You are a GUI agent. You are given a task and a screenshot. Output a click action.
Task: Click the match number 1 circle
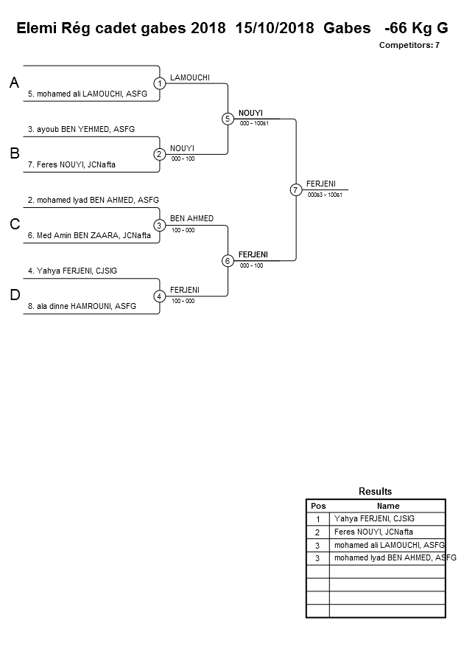coord(160,83)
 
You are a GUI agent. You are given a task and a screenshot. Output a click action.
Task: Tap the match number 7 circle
coord(295,190)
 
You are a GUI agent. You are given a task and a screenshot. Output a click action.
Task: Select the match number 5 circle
coord(228,119)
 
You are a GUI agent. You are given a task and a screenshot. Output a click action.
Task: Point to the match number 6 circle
coord(228,260)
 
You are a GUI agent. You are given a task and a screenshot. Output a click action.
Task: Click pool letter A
coord(14,83)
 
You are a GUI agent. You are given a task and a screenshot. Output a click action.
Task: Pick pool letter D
coord(14,296)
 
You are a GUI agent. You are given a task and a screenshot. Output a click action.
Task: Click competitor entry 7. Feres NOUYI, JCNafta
coord(71,164)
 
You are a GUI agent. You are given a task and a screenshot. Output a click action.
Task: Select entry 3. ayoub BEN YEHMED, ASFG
coord(81,129)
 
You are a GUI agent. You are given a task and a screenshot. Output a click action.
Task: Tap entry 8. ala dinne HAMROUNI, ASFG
coord(82,306)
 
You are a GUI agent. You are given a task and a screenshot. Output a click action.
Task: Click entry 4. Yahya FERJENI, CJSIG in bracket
coord(72,271)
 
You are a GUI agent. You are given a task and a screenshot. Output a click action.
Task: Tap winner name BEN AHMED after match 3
coord(191,218)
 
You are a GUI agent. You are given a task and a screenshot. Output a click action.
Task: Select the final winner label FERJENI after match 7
coord(323,183)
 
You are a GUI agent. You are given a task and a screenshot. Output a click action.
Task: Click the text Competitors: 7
coord(409,45)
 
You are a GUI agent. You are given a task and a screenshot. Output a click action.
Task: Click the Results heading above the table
coord(375,491)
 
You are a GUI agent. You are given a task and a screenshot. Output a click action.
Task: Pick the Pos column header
coord(318,506)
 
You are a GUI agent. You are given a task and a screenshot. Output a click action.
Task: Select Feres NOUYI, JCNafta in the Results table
coord(373,532)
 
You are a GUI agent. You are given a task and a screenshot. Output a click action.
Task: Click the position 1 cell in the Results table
coord(318,519)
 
